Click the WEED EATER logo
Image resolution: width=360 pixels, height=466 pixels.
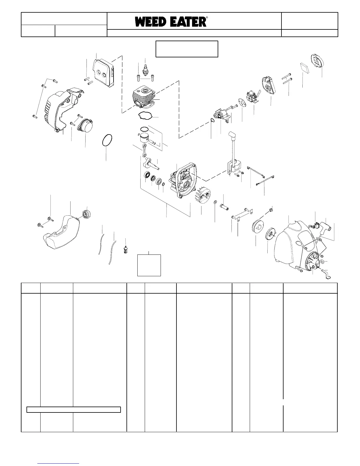(171, 22)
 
